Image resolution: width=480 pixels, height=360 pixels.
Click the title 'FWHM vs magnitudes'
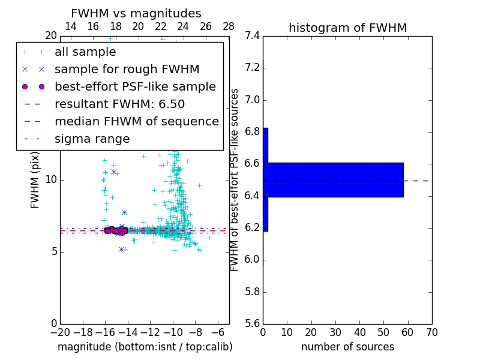pos(136,13)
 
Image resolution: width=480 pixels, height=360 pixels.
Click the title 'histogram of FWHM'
pos(347,28)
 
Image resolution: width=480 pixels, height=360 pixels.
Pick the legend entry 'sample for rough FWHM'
pos(127,69)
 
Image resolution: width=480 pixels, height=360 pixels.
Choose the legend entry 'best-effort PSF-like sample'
pos(135,86)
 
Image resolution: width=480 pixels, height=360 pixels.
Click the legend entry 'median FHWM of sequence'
pos(136,121)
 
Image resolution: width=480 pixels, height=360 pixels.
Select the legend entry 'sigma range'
pos(92,139)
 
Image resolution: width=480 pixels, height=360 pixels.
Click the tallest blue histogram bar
pos(333,179)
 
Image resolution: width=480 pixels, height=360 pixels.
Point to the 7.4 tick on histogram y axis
pos(252,36)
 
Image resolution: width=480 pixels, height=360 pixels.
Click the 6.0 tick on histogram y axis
pos(252,260)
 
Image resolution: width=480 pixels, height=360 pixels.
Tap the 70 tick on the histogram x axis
pos(431,332)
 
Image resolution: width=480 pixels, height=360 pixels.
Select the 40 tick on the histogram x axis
pos(359,332)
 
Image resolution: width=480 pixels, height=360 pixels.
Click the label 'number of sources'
pos(347,347)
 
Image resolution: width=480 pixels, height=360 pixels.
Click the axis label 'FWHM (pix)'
pos(35,180)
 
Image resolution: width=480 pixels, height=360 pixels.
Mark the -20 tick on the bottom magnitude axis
pos(60,332)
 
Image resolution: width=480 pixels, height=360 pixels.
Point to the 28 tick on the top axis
pos(229,26)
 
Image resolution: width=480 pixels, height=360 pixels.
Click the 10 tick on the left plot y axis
pos(50,180)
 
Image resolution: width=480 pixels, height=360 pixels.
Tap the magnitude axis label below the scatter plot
pos(145,347)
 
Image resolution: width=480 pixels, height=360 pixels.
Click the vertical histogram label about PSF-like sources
pos(235,180)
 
